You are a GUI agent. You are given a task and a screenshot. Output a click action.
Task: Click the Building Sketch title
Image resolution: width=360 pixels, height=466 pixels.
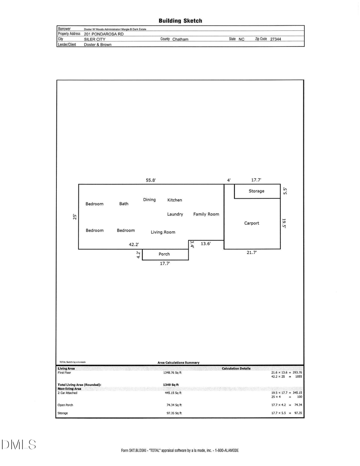180,21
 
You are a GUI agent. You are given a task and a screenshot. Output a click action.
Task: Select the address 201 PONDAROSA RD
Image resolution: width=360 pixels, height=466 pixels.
104,34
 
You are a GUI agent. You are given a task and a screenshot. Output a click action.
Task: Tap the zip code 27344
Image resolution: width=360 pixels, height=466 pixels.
276,39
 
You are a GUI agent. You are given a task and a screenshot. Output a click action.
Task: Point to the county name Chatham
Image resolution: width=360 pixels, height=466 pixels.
180,39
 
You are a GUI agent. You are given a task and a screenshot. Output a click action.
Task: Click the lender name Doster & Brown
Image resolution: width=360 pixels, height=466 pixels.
98,45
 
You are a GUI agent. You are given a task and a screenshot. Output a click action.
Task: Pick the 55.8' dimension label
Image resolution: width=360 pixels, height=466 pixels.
150,180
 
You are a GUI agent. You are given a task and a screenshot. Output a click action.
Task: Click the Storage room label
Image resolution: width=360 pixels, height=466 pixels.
256,191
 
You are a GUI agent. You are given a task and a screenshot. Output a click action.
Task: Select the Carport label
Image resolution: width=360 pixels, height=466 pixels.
252,223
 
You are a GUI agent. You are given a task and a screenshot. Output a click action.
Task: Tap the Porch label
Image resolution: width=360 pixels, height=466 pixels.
164,254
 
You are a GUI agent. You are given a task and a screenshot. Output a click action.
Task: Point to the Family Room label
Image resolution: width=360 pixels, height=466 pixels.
206,214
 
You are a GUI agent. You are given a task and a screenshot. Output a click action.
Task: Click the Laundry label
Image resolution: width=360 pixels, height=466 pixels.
175,214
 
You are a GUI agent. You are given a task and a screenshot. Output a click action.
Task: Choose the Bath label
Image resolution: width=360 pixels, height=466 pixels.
124,204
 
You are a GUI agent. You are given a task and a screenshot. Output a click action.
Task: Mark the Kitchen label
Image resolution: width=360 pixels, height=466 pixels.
174,200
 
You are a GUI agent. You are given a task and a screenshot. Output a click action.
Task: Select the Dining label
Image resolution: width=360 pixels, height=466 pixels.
149,200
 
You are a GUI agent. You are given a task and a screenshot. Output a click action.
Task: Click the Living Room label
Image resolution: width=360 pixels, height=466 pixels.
163,232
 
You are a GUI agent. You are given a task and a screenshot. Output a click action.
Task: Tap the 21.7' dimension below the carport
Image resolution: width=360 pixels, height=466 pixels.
252,252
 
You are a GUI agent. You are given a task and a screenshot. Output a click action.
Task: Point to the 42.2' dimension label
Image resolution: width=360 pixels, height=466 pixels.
134,244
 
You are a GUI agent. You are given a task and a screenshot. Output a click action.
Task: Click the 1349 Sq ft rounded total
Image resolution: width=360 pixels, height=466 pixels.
170,385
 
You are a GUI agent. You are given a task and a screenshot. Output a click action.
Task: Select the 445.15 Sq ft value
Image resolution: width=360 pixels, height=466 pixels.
174,393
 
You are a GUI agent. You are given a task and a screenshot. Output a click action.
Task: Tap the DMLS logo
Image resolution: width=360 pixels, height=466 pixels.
19,445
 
